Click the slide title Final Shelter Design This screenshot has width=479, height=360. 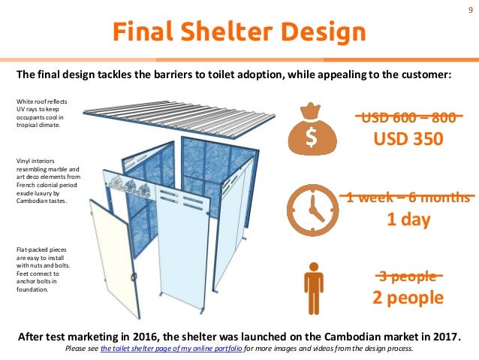pyautogui.click(x=239, y=32)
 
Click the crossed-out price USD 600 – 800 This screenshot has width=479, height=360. pyautogui.click(x=408, y=117)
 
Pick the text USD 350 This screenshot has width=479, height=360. pyautogui.click(x=408, y=139)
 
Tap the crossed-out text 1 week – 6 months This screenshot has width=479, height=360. pyautogui.click(x=408, y=198)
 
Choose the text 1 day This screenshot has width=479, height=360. pyautogui.click(x=408, y=220)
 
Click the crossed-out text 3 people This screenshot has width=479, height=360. pyautogui.click(x=408, y=276)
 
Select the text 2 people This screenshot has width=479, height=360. pyautogui.click(x=408, y=298)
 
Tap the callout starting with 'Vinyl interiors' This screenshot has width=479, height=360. pyautogui.click(x=43, y=180)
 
